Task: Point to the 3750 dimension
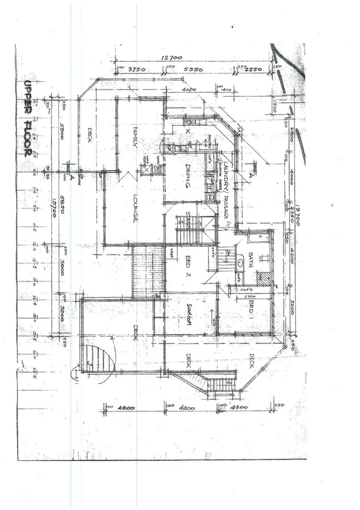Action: [139, 69]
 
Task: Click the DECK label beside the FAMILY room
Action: [91, 133]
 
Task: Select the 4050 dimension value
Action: [190, 91]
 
